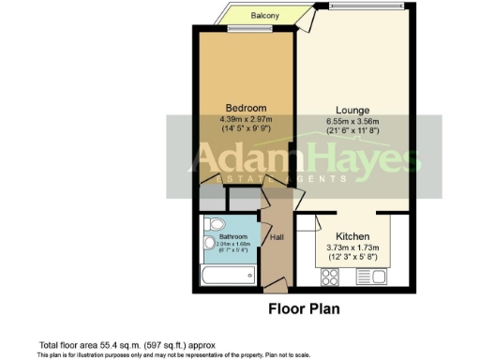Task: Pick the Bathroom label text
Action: click(232, 236)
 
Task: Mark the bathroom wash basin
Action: click(209, 245)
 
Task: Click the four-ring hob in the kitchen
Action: click(331, 276)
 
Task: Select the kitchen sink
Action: click(367, 276)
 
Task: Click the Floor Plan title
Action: click(304, 307)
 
